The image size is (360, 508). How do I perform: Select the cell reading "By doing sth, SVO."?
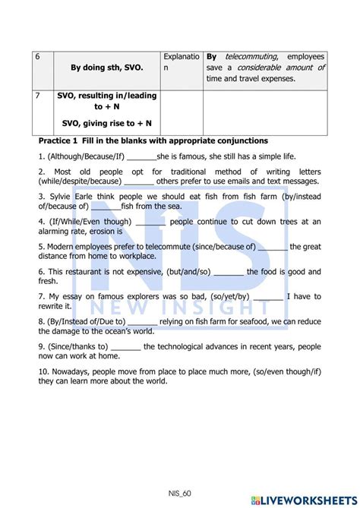pyautogui.click(x=107, y=68)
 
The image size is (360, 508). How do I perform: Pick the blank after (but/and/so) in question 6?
pyautogui.click(x=229, y=272)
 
